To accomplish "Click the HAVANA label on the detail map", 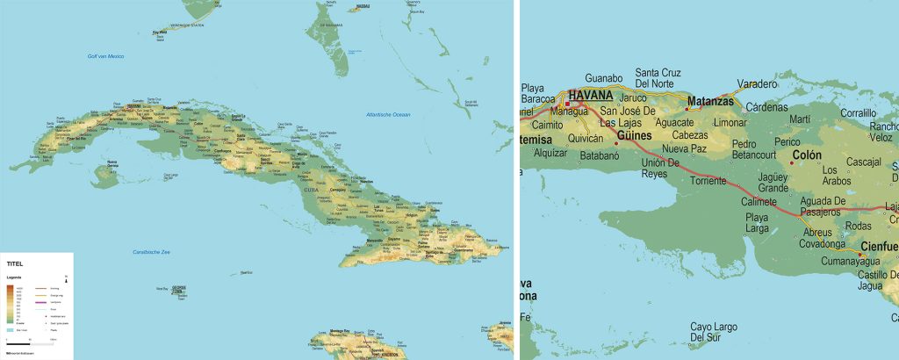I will click(591, 95).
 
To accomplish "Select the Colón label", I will click(807, 155).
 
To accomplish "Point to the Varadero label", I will click(757, 84).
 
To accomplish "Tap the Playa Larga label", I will click(757, 223).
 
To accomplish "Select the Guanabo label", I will click(603, 78).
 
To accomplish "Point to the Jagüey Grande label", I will click(773, 182).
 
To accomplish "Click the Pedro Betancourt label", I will click(755, 150).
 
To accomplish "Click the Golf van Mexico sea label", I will click(105, 56).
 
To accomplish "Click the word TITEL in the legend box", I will click(16, 263).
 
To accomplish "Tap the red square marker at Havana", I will click(567, 104).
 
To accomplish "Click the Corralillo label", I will click(858, 113).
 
